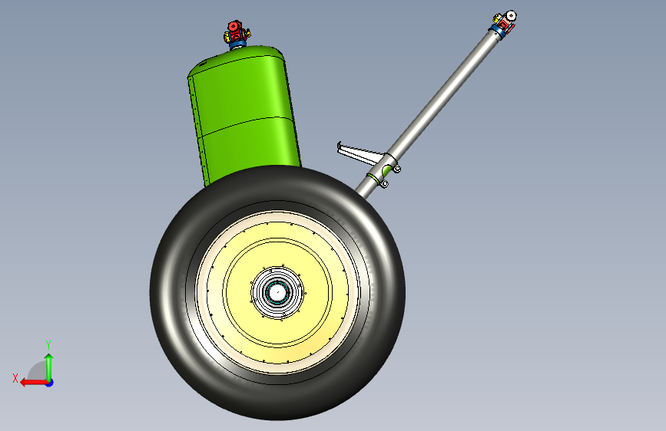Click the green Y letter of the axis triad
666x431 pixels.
[x=48, y=345]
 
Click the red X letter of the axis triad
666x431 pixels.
[x=15, y=378]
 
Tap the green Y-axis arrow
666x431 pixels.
[x=49, y=367]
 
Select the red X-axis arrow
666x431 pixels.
[x=35, y=383]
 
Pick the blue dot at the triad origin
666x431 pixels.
[x=50, y=383]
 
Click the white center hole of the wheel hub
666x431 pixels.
[x=277, y=292]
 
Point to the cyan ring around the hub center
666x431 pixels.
[x=277, y=292]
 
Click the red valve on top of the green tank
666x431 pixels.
[x=234, y=31]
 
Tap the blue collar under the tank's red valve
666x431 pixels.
[x=238, y=44]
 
